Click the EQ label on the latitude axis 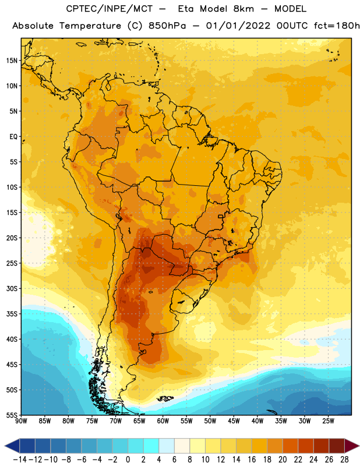(13, 137)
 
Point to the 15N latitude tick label (12, 61)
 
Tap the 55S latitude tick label (12, 415)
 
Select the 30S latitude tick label (12, 288)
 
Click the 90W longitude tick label (21, 421)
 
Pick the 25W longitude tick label (328, 421)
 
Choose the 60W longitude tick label (163, 421)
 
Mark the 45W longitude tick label (234, 421)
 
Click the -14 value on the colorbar (20, 460)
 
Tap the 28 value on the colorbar (344, 460)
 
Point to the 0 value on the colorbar (128, 460)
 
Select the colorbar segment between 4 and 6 (167, 446)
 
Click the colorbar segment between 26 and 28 (337, 446)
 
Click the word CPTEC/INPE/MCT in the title (109, 9)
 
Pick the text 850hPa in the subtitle (167, 26)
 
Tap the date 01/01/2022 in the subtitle (238, 26)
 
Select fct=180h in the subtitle (337, 26)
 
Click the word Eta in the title (186, 9)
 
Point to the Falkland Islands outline (165, 398)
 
